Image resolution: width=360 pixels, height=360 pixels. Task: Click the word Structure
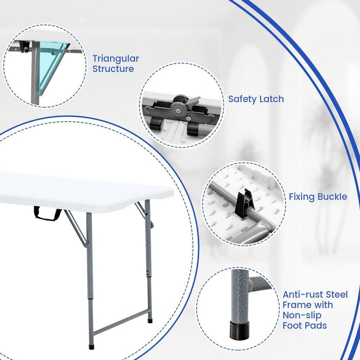113,69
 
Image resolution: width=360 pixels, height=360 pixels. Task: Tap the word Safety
242,99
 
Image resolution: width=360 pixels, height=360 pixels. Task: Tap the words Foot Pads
305,325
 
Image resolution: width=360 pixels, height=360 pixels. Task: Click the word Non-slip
302,315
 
